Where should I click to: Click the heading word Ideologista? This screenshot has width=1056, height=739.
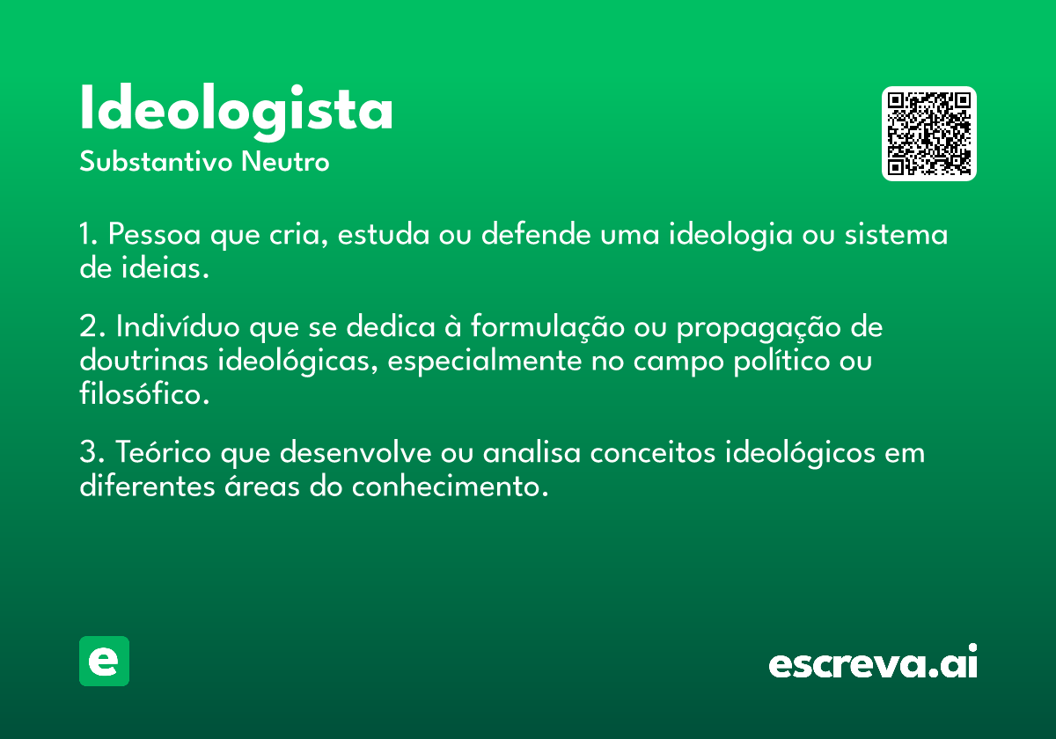236,112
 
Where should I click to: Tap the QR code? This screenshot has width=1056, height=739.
928,134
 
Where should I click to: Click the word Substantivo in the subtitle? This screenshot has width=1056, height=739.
156,161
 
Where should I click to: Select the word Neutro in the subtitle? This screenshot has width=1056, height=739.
285,161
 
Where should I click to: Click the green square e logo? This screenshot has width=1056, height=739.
104,661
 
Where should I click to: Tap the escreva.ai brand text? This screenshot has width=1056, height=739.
873,662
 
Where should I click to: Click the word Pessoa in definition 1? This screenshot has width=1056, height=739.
155,234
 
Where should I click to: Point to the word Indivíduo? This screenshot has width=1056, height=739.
178,326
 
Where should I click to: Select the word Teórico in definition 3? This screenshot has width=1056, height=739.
163,451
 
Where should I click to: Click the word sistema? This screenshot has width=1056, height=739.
896,234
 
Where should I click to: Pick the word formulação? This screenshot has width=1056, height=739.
547,326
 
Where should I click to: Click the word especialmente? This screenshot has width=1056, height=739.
485,362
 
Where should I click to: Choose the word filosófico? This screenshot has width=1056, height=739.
144,393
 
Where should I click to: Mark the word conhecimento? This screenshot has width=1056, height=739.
451,486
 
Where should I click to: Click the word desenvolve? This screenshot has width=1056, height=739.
356,452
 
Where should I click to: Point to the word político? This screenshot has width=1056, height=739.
781,362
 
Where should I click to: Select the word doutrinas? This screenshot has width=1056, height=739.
143,360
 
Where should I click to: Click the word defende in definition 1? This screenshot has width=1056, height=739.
536,234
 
